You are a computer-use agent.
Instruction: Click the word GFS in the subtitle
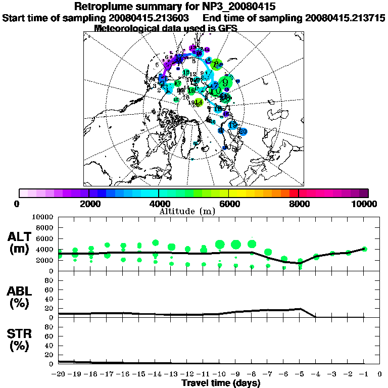click(x=228, y=28)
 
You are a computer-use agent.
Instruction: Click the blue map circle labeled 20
click(x=243, y=132)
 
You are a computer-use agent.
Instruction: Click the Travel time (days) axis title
click(x=221, y=383)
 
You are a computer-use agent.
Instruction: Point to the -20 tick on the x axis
click(x=59, y=374)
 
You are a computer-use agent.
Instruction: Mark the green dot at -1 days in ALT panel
click(x=364, y=249)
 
